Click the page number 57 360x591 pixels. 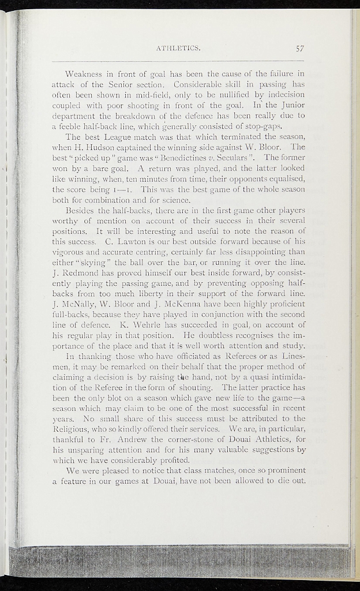(299, 48)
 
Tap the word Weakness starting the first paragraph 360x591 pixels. (84, 74)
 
